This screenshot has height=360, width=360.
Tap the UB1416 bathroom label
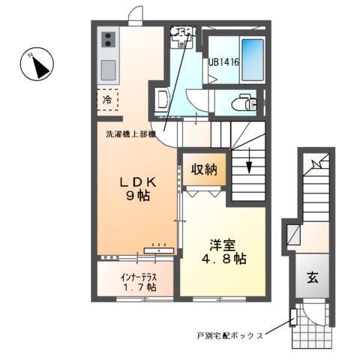click(x=224, y=64)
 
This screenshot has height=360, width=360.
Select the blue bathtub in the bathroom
click(x=253, y=61)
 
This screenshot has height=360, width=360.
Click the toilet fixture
click(x=241, y=101)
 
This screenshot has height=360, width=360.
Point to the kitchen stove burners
click(x=107, y=39)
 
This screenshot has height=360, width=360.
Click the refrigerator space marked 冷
click(x=108, y=100)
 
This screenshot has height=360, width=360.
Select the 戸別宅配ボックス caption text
click(x=229, y=336)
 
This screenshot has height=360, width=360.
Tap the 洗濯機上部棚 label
click(x=130, y=135)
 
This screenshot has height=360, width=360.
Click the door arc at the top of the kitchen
click(x=134, y=15)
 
